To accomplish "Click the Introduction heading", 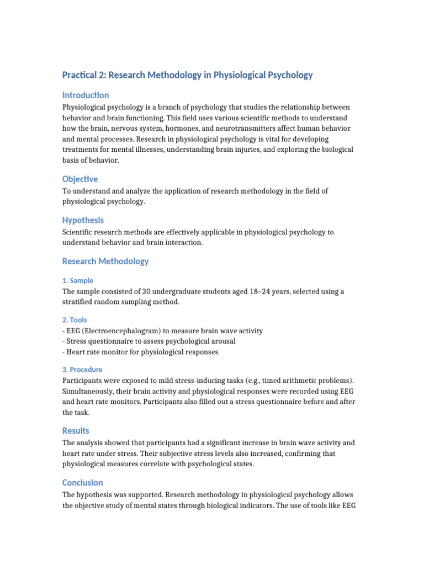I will click(x=86, y=95).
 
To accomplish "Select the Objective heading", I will click(x=80, y=179).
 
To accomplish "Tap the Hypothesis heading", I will click(x=83, y=220).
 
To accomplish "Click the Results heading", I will click(x=76, y=430).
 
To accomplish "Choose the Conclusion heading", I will click(x=82, y=482).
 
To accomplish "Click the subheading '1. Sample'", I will click(x=78, y=280).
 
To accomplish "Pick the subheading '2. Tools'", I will click(x=75, y=319).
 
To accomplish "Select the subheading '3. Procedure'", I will click(x=82, y=370).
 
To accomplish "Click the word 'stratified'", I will click(x=81, y=302).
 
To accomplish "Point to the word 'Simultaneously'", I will click(x=90, y=391).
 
